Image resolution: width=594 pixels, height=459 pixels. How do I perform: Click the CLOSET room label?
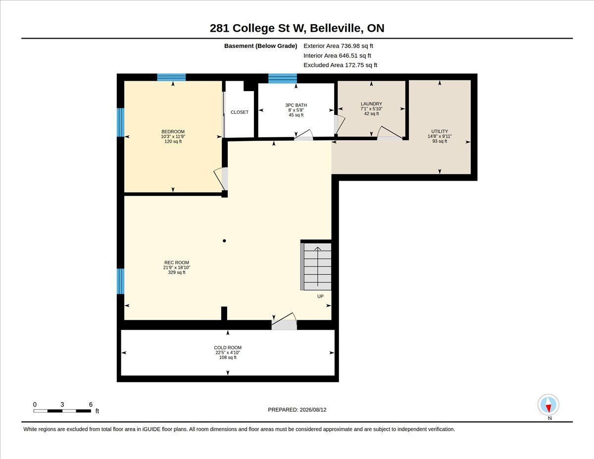click(240, 112)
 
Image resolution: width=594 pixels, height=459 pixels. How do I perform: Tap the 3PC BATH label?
click(296, 105)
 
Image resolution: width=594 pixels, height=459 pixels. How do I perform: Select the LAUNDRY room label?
click(371, 104)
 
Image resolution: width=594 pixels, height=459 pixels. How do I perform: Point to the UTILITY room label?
click(440, 131)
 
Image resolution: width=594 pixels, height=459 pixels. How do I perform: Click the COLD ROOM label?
click(228, 348)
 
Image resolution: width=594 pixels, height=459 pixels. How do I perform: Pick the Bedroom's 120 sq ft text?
click(173, 141)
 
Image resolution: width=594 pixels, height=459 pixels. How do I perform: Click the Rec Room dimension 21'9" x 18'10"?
click(177, 267)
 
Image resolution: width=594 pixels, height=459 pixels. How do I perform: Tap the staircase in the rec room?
click(316, 266)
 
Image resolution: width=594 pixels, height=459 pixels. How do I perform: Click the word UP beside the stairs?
click(320, 296)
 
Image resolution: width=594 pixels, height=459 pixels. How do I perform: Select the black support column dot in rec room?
click(224, 241)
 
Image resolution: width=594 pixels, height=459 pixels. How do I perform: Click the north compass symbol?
click(548, 405)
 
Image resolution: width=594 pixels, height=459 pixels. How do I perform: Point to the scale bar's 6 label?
click(91, 405)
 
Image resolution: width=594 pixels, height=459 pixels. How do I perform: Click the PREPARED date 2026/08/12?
click(313, 409)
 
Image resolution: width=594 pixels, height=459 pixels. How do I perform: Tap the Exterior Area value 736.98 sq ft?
click(357, 46)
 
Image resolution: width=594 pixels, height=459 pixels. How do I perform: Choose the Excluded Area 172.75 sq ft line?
click(341, 65)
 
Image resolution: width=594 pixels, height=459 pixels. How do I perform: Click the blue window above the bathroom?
click(283, 78)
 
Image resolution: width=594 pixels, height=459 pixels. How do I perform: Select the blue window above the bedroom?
click(171, 77)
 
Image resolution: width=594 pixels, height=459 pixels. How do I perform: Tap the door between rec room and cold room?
click(284, 321)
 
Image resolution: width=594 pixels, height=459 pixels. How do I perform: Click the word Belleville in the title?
click(337, 28)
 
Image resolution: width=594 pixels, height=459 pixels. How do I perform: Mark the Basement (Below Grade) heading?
click(260, 46)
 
